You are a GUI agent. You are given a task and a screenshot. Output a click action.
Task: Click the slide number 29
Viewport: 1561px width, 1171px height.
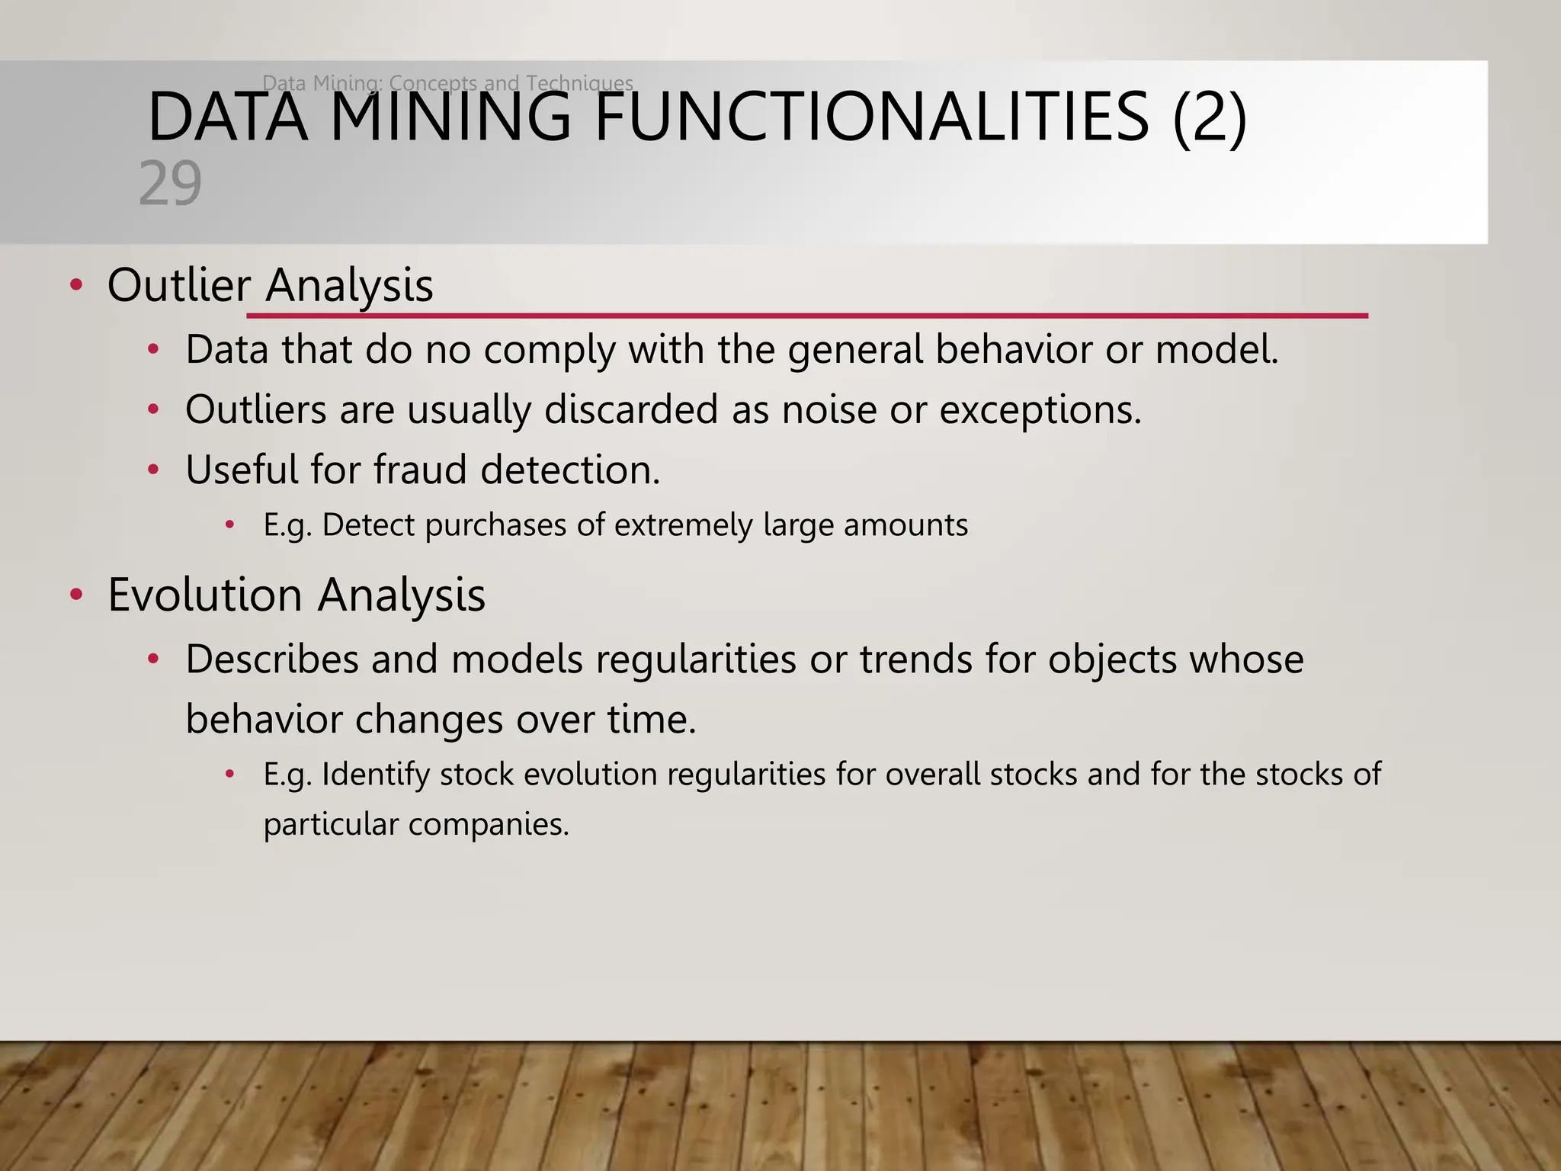[170, 184]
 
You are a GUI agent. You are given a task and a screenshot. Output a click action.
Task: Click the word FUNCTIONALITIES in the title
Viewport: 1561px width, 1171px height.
[870, 117]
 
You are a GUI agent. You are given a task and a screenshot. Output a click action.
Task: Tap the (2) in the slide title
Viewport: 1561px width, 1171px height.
[1210, 117]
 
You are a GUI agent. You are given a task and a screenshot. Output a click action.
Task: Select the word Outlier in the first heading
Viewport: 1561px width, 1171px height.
[179, 285]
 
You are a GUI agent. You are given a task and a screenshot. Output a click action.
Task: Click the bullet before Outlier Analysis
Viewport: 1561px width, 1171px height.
[75, 286]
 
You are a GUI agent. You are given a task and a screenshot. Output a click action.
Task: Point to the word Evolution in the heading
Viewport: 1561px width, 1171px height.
[205, 595]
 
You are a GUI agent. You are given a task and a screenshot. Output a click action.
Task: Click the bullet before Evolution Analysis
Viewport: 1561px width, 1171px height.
[75, 595]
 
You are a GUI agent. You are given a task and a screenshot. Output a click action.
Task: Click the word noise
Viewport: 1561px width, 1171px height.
[829, 410]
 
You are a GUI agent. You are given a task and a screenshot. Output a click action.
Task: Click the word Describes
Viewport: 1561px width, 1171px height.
[271, 659]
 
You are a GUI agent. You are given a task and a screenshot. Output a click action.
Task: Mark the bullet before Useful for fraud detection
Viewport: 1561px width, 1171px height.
[153, 470]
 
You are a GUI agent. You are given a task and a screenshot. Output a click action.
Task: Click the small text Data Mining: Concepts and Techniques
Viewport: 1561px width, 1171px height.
[447, 82]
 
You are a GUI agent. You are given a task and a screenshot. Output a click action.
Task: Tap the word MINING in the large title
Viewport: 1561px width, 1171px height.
[450, 117]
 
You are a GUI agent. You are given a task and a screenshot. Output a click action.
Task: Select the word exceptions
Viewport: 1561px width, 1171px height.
[1040, 410]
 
